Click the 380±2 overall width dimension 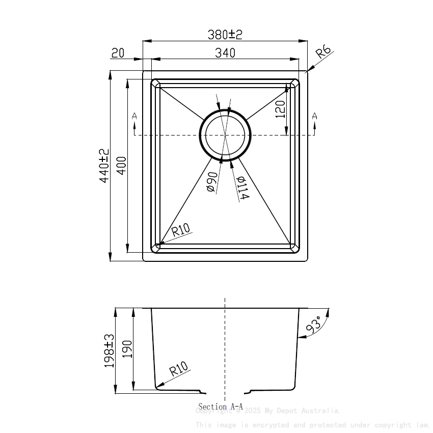pos(225,35)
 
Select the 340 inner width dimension pos(225,52)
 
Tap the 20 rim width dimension pos(118,52)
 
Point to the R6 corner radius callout pos(323,52)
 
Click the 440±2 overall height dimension pos(104,166)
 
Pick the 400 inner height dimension pos(121,166)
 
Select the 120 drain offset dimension pos(280,109)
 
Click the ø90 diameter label pos(212,182)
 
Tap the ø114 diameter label pos(242,187)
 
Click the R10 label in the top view pos(180,230)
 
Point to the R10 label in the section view pos(178,369)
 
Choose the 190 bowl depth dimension pos(127,349)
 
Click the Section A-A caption pos(220,407)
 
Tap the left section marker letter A pos(134,116)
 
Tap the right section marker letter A pos(314,116)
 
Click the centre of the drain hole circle pos(225,135)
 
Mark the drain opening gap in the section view pos(225,392)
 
